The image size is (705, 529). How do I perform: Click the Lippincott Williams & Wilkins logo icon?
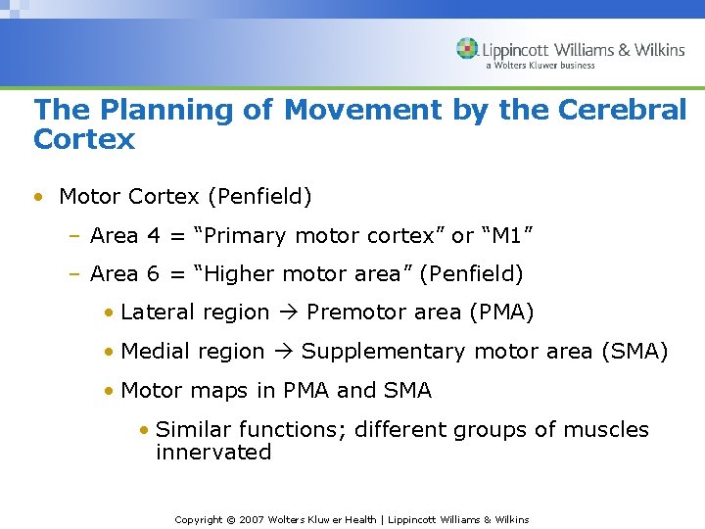point(467,49)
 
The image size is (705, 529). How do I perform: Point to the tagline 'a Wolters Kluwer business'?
point(540,66)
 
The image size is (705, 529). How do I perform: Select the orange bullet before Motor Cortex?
point(37,197)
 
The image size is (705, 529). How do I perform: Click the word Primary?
point(233,236)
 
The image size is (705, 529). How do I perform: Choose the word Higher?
point(229,274)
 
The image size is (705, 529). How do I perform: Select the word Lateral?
point(158,313)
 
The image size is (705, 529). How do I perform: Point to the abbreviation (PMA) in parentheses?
point(501,313)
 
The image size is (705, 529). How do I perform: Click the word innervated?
point(213,453)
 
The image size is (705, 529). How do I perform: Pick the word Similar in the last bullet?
point(192,429)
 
